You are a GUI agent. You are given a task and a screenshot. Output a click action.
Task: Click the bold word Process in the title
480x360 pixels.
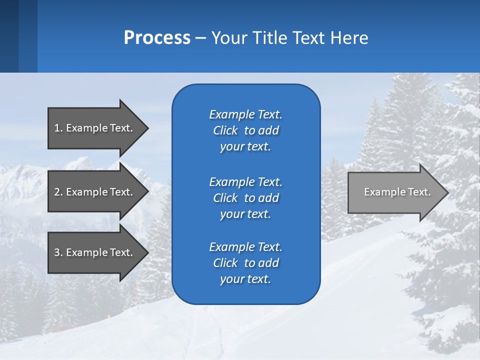(157, 38)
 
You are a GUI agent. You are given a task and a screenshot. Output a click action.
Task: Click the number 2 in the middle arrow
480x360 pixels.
(56, 192)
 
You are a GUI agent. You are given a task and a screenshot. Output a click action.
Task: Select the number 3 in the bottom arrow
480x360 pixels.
(56, 252)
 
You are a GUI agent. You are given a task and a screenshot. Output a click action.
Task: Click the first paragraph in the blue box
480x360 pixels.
(245, 130)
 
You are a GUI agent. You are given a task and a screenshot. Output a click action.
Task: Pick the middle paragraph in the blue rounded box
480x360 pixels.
(245, 198)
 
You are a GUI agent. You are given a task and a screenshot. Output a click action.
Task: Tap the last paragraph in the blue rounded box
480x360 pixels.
(245, 263)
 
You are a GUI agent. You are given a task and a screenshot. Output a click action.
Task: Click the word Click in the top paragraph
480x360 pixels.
(225, 131)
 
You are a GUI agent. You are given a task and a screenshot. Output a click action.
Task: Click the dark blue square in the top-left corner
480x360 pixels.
(9, 36)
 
